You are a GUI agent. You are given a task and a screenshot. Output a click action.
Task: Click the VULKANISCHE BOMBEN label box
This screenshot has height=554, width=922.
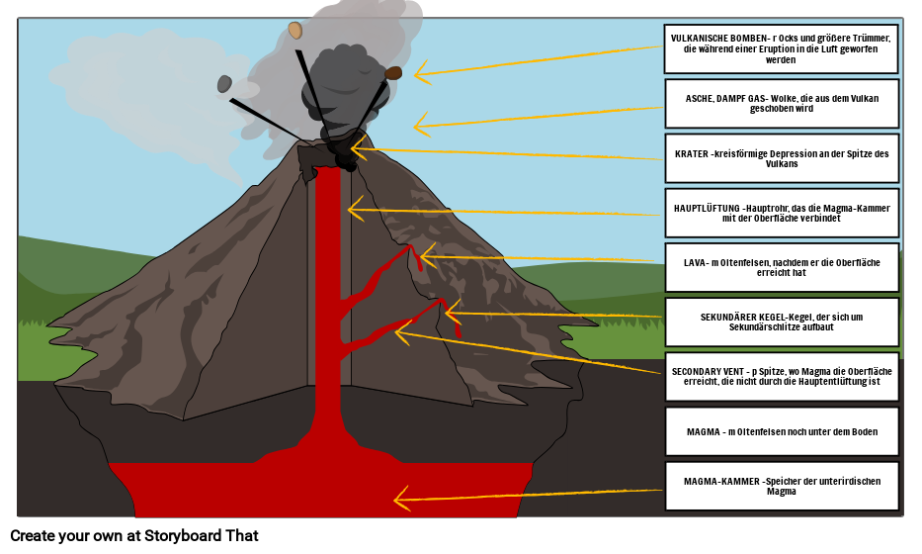781,48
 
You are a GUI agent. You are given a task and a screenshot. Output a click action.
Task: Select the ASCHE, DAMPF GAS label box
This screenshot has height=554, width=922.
781,104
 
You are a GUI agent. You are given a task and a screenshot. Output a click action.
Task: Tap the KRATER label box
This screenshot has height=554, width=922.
781,158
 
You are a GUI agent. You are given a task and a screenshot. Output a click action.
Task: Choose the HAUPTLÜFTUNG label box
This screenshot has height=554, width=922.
781,213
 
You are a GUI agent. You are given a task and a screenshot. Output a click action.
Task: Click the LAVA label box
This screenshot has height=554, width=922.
781,268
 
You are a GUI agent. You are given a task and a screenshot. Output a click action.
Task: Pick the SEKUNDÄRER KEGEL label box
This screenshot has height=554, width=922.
781,323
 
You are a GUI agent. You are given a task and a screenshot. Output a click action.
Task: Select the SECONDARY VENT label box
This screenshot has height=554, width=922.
781,377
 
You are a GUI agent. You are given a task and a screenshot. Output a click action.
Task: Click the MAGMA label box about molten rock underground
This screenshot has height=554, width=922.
781,431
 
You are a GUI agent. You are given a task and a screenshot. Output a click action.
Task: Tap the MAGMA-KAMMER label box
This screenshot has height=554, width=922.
781,486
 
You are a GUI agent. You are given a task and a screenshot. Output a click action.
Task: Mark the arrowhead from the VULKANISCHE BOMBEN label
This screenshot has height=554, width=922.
419,72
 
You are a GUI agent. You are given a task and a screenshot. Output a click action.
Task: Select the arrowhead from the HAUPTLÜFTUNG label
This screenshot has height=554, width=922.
353,209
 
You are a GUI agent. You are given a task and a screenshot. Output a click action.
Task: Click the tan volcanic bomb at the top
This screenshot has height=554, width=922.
294,31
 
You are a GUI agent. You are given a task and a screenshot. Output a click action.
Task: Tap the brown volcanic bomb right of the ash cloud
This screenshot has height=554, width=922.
393,73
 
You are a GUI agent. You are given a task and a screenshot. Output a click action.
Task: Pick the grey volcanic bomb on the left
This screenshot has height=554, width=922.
224,84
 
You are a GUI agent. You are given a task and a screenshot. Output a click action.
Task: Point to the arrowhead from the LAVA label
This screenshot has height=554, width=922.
425,257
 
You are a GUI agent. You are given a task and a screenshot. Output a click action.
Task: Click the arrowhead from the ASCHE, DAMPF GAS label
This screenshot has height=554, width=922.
419,126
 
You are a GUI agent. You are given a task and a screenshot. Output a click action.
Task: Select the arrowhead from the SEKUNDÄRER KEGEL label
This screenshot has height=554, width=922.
450,314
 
